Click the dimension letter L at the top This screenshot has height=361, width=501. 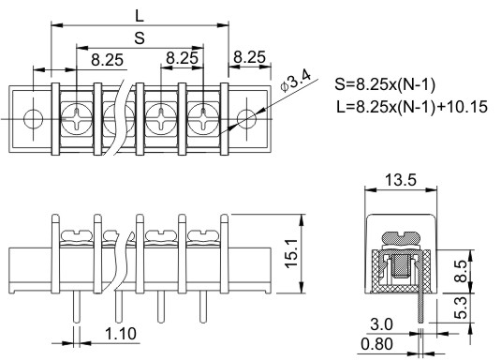140,15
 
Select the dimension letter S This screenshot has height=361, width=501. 140,38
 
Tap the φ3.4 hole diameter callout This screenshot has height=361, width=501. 295,81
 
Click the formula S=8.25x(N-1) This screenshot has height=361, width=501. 385,84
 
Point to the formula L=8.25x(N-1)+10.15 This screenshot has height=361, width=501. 412,107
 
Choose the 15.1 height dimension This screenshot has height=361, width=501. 291,253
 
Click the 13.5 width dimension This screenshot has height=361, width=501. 401,180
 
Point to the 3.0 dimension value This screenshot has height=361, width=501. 381,324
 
